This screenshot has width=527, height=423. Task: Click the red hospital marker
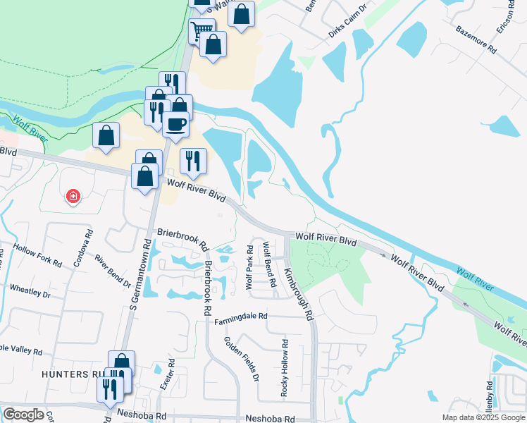click(73, 197)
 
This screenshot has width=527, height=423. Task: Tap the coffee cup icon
click(175, 124)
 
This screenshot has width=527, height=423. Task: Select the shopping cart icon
click(201, 30)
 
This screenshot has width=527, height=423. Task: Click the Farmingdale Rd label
click(242, 319)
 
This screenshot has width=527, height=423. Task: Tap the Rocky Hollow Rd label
click(285, 368)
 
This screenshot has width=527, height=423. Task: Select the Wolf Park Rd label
click(249, 266)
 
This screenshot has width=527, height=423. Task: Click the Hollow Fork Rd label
click(38, 256)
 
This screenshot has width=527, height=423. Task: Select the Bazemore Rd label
click(476, 41)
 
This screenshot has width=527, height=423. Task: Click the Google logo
click(23, 415)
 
